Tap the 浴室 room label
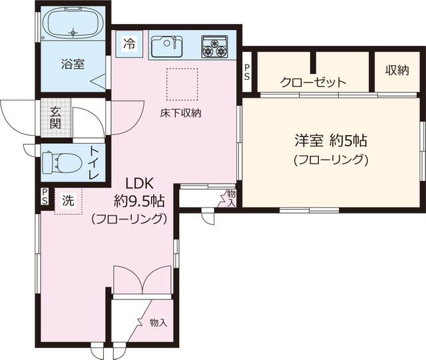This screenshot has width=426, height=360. tap(73, 65)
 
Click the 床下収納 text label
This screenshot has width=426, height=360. tap(180, 112)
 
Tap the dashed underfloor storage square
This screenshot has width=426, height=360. tap(178, 83)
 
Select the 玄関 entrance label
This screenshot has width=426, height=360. tap(54, 117)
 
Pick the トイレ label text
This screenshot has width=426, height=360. tap(94, 162)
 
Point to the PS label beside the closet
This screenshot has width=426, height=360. tap(247, 71)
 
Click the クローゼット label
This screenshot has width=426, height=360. tap(313, 83)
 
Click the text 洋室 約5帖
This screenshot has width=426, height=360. tap(331, 141)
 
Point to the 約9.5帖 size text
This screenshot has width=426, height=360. tap(140, 199)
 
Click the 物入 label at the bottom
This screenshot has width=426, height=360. tap(158, 323)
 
